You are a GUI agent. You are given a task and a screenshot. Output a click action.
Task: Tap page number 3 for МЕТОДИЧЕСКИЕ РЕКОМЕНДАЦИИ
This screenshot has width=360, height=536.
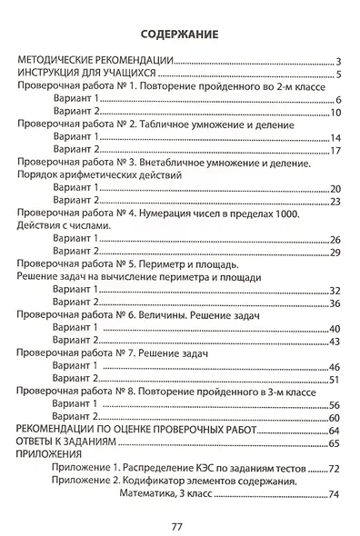(x=337, y=61)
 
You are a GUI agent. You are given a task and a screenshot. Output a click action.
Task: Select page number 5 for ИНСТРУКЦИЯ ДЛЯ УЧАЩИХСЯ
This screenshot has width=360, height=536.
(x=337, y=74)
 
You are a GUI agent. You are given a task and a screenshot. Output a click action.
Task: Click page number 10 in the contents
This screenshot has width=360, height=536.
(x=335, y=113)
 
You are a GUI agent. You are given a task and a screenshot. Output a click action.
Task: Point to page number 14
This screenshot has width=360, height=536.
(x=335, y=138)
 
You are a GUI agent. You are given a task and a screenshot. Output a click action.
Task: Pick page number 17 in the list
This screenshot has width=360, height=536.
(x=335, y=151)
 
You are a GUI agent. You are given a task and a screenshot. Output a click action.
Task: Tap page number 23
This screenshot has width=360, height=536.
(x=335, y=202)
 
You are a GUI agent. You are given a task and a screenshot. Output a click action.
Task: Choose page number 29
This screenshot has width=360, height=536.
(x=335, y=253)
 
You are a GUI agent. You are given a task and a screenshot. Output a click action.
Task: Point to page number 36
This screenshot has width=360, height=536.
(x=335, y=303)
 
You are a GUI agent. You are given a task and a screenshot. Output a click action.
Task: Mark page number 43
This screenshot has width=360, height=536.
(x=335, y=342)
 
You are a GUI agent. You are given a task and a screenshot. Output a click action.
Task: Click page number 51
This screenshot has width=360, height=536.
(x=335, y=380)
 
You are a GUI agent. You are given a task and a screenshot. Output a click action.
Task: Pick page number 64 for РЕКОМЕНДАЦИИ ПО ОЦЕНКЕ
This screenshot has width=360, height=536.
(x=334, y=431)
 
